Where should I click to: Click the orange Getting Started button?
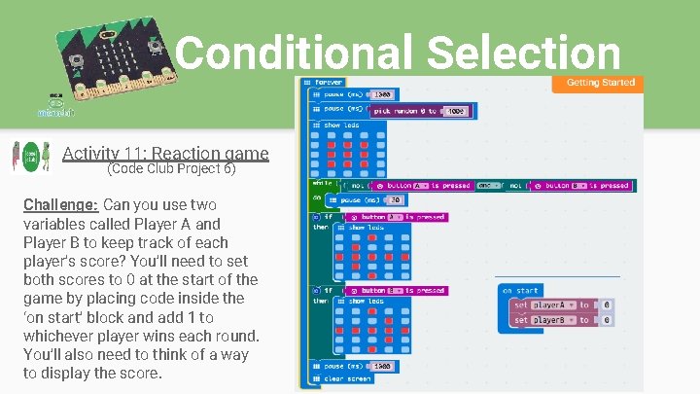(x=600, y=83)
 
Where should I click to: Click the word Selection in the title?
(x=523, y=53)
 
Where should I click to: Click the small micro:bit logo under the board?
(x=56, y=105)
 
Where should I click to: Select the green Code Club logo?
(x=32, y=156)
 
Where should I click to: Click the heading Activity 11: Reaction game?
(x=165, y=153)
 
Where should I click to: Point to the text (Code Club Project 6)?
(x=170, y=168)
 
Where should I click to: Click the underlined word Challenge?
(x=60, y=204)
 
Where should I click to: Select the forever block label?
(x=322, y=83)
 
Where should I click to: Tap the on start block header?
(x=521, y=290)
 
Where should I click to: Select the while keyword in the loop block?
(x=321, y=182)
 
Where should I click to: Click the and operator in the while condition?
(x=488, y=185)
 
